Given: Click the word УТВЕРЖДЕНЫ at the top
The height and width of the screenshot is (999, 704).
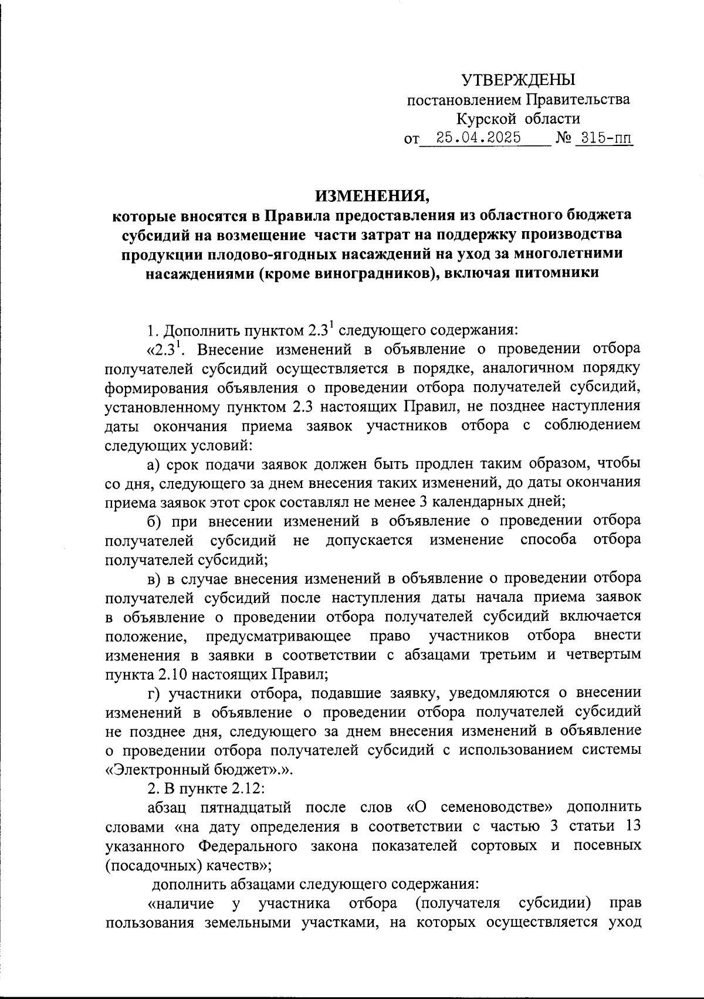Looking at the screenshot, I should point(519,80).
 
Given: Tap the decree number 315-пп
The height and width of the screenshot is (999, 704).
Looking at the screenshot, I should point(604,138).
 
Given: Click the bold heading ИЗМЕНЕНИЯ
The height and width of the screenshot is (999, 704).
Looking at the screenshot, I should point(372,194).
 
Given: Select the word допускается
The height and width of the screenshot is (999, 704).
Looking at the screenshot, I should point(369,540).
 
